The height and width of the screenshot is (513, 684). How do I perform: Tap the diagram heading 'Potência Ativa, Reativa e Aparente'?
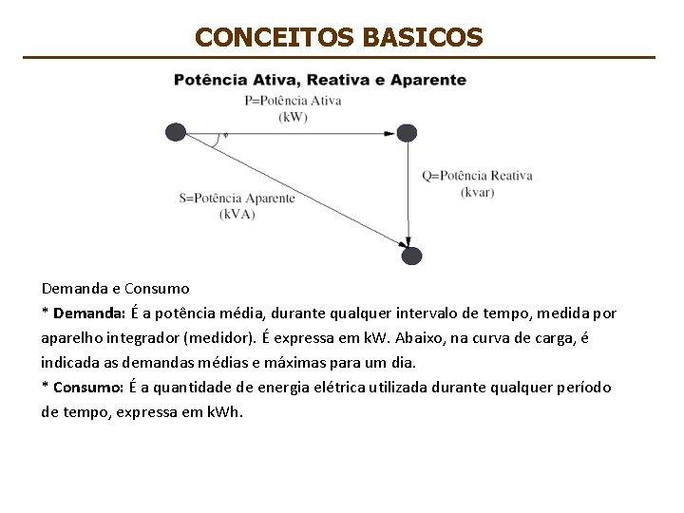coord(320,80)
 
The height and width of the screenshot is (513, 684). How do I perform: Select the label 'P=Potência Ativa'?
coord(293,101)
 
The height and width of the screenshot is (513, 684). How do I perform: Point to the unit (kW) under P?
coord(293,117)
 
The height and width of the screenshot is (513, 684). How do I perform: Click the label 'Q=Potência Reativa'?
coord(477,176)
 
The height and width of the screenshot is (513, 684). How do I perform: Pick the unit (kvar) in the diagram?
coord(477,192)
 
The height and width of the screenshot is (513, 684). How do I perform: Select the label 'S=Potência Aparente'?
coord(237,199)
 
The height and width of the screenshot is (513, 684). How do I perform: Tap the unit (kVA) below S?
coord(237,215)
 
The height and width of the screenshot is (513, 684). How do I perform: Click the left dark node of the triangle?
coord(176,132)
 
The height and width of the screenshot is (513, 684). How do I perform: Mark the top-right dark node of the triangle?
coord(407,133)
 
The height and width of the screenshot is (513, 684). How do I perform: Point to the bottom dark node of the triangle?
coord(411,255)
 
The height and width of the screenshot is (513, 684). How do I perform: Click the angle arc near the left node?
coord(219,140)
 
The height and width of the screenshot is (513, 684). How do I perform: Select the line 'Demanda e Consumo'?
coord(115,288)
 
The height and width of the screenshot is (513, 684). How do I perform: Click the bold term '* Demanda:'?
coord(84,313)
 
